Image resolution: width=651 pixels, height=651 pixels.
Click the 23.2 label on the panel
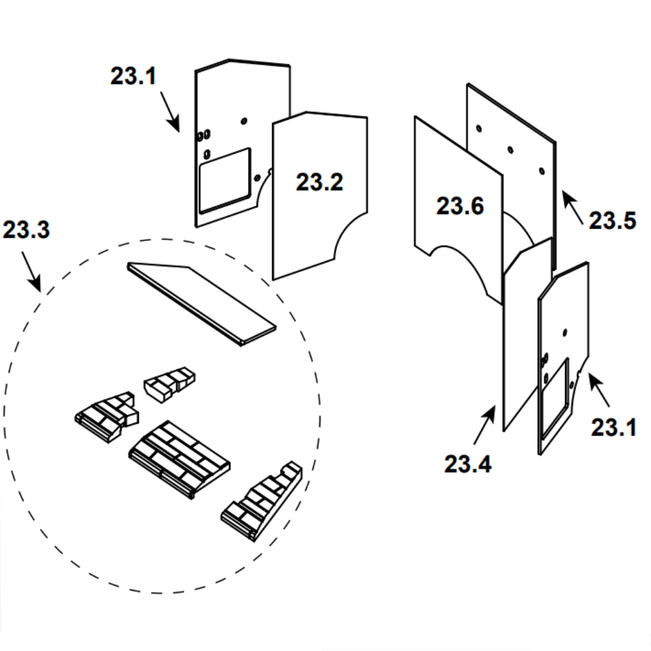click(x=319, y=182)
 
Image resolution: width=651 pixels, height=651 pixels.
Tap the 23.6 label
click(x=460, y=206)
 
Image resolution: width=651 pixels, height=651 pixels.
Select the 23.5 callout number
click(x=613, y=220)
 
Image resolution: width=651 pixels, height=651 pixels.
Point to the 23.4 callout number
click(x=468, y=464)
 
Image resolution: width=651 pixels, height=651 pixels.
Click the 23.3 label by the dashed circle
click(x=26, y=229)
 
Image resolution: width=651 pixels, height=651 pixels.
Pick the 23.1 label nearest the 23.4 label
click(x=614, y=427)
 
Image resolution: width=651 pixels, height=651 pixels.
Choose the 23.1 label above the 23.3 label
click(x=133, y=76)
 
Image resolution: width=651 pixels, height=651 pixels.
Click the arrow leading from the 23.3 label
click(x=31, y=271)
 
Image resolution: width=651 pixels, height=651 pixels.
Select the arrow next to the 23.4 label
click(x=484, y=425)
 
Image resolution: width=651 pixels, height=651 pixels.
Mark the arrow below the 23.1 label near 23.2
click(x=170, y=112)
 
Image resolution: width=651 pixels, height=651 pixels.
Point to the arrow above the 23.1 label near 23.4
click(x=599, y=390)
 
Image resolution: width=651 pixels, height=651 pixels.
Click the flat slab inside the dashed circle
click(x=202, y=303)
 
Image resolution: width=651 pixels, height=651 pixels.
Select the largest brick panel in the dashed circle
click(x=180, y=459)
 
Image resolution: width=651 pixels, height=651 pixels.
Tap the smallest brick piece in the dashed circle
click(x=169, y=384)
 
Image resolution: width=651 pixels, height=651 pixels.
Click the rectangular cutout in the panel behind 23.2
click(x=225, y=180)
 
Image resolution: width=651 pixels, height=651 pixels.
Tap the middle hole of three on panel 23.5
click(x=510, y=150)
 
